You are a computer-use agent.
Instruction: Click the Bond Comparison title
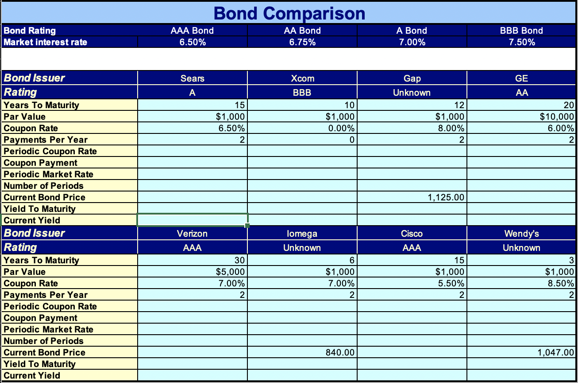(289, 13)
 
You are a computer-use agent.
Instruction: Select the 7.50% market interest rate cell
(522, 42)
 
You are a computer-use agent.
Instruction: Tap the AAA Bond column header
(192, 31)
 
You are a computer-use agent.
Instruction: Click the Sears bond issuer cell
(192, 78)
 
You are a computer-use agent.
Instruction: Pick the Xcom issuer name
(302, 78)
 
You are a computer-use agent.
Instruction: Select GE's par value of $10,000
(557, 117)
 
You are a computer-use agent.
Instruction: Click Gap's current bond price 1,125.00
(446, 197)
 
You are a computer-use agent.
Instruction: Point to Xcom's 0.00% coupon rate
(341, 128)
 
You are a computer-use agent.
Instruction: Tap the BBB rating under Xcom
(302, 93)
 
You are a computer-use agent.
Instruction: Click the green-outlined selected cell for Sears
(193, 220)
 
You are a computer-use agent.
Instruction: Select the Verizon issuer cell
(192, 233)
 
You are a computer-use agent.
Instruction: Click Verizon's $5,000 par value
(230, 272)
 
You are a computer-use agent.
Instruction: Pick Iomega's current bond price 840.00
(340, 352)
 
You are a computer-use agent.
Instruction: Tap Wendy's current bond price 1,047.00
(555, 352)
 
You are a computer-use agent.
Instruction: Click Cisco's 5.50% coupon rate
(451, 283)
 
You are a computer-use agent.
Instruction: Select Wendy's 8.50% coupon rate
(561, 283)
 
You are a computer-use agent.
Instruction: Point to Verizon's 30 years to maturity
(239, 260)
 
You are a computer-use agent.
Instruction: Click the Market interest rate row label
(45, 42)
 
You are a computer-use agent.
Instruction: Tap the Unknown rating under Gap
(412, 93)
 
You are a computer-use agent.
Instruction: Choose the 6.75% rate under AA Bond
(302, 42)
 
